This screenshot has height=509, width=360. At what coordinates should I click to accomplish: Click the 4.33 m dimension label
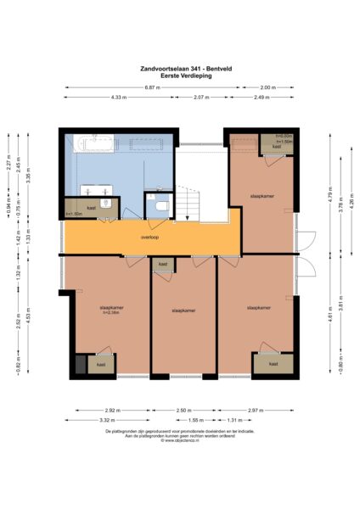[118, 98]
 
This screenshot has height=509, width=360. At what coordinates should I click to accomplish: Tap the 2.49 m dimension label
[261, 98]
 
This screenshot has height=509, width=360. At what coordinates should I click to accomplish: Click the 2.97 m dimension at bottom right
[257, 410]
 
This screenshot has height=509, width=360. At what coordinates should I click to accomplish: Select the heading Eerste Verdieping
[179, 76]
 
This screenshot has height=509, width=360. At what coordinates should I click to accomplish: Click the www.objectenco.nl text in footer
[179, 440]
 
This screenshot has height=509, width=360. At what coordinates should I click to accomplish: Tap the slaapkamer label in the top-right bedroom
[260, 196]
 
